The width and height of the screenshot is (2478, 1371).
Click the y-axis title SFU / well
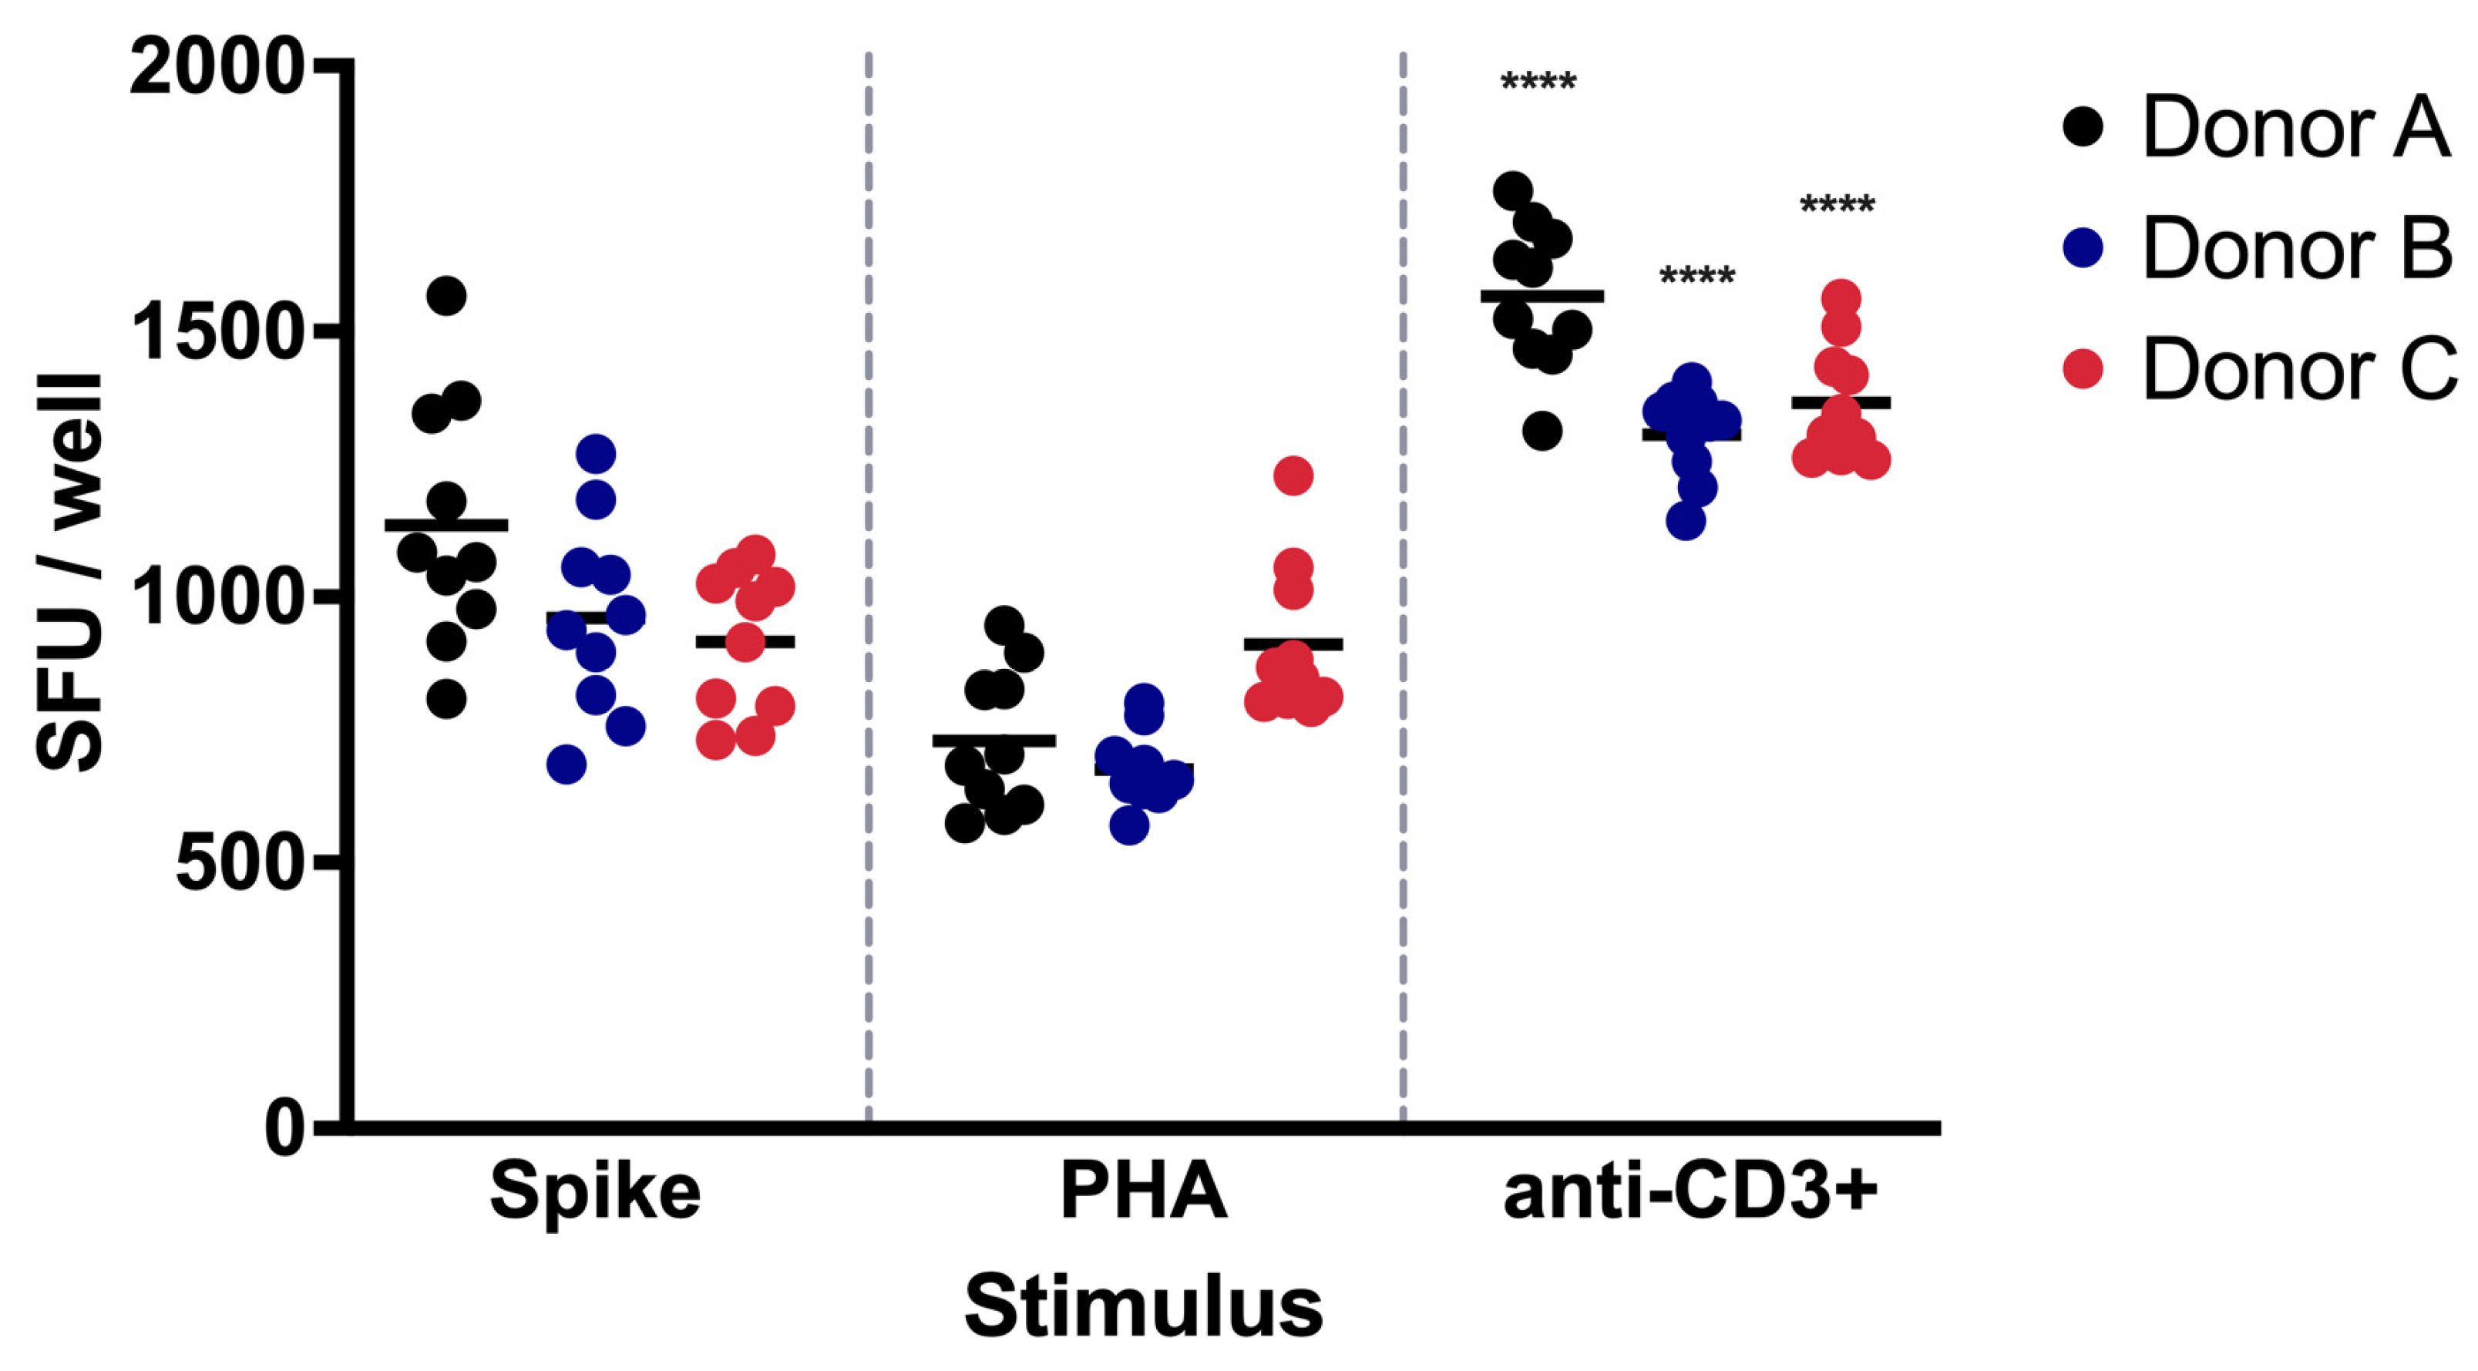(69, 573)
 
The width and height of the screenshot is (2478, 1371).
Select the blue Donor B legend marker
(2083, 248)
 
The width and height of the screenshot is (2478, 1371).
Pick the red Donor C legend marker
(2083, 369)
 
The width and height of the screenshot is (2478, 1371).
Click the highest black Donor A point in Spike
(446, 295)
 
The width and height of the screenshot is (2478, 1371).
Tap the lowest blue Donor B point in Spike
(567, 764)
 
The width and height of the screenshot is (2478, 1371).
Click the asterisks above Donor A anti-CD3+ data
(1538, 82)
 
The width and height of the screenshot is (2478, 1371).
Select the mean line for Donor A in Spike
(446, 524)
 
